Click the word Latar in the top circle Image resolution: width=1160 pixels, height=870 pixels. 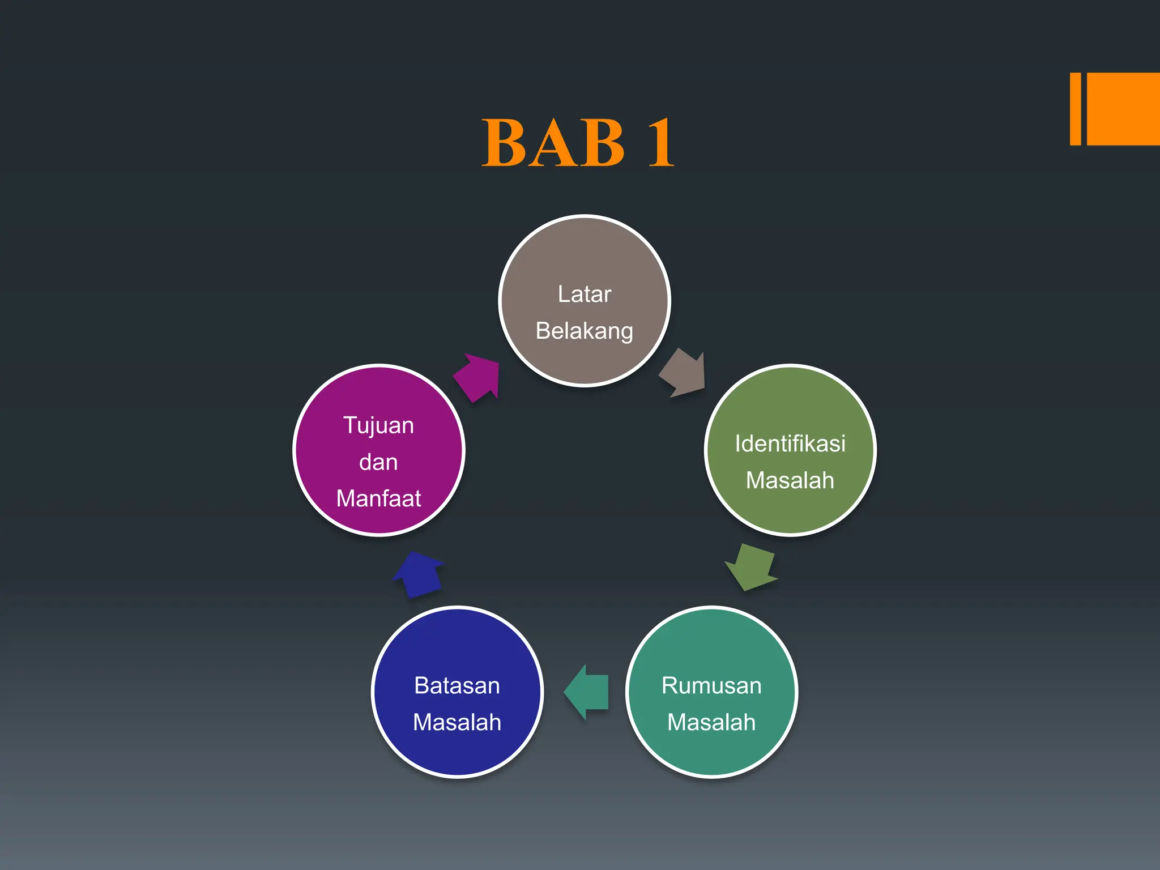(584, 295)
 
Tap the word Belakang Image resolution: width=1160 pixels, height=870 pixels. (584, 331)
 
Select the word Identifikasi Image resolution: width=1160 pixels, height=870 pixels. (790, 443)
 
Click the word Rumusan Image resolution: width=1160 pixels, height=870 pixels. (711, 685)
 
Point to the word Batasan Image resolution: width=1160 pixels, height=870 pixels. (457, 685)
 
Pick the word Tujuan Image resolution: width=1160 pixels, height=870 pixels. (378, 425)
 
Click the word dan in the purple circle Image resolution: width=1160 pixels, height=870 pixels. (378, 462)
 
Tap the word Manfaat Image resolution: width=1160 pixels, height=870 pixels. (378, 498)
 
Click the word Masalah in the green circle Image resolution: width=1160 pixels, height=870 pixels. (790, 480)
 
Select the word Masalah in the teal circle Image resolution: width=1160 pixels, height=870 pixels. (711, 722)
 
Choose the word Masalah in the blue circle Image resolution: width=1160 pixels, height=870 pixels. (457, 722)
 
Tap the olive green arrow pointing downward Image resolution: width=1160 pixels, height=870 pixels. (750, 567)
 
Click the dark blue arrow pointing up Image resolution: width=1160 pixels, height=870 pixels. (419, 574)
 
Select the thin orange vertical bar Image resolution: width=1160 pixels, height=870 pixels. (1075, 109)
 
